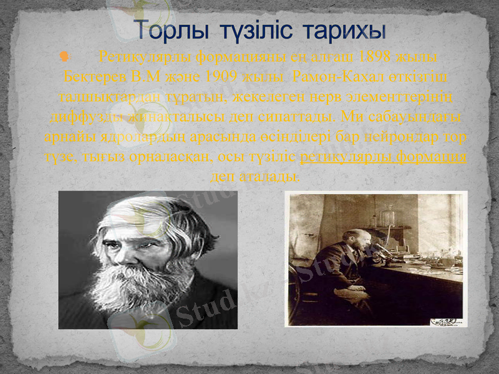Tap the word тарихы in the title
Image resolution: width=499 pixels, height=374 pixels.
346,29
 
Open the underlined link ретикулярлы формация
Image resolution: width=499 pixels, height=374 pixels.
384,156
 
